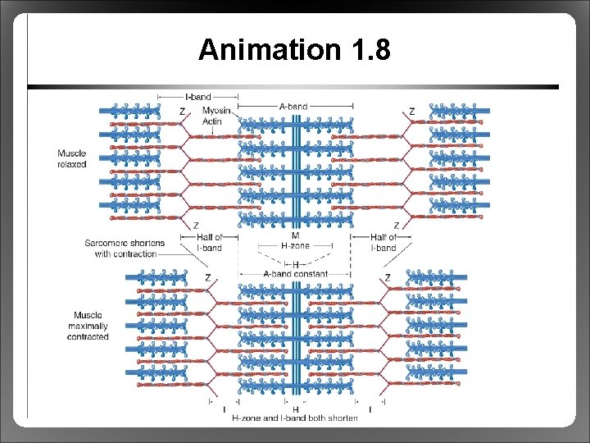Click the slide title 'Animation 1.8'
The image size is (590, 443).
(294, 51)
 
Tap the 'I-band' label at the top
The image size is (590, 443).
(196, 95)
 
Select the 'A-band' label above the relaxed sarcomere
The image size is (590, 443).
(294, 106)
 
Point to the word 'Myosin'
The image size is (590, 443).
(216, 112)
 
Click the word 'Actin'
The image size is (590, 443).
(212, 121)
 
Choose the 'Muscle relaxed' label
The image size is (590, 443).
(71, 158)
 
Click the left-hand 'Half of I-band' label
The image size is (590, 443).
(209, 242)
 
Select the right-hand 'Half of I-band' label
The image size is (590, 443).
(383, 242)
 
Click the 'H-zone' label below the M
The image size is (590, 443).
(295, 244)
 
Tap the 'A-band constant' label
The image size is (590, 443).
(295, 274)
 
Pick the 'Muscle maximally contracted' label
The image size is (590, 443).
(88, 326)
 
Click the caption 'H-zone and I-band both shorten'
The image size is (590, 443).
(295, 418)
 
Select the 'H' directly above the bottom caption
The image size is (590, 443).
(295, 409)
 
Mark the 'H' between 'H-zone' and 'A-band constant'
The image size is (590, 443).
(295, 264)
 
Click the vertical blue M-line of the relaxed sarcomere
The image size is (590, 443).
(295, 164)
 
